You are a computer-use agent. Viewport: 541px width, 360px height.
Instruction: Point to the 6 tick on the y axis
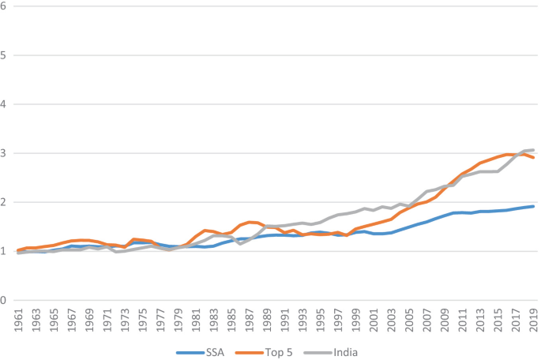coord(5,6)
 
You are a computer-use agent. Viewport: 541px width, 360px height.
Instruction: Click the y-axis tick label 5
coord(5,55)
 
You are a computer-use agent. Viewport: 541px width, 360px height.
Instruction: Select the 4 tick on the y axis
coord(5,104)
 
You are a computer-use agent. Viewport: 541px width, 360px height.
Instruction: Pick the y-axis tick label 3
coord(5,153)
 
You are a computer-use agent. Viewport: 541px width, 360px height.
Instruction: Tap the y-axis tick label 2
coord(5,202)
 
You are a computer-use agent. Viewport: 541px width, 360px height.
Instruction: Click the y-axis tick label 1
coord(5,251)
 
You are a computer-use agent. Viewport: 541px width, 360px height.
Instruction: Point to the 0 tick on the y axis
coord(5,300)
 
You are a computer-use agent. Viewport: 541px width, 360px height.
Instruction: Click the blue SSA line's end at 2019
coord(534,207)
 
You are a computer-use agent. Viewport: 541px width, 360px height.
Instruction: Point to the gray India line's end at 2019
coord(534,150)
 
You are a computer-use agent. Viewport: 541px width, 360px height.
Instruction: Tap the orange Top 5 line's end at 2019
coord(534,158)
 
